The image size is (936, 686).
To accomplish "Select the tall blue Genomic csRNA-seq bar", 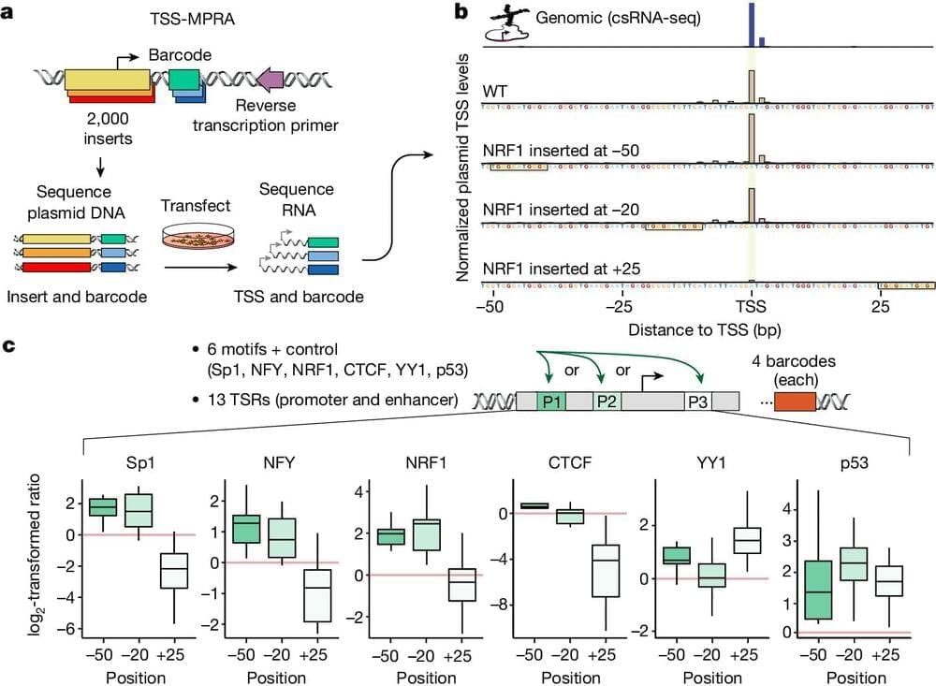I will [x=751, y=23].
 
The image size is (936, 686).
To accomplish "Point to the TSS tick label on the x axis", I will [x=751, y=306].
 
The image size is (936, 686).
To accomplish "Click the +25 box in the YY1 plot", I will [x=747, y=541].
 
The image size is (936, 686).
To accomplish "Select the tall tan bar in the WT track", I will [x=751, y=84].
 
